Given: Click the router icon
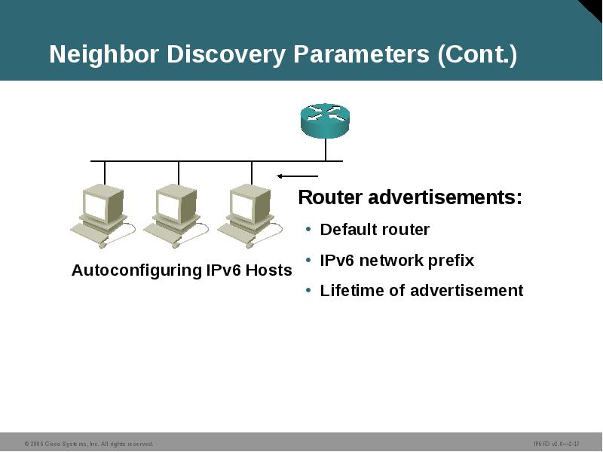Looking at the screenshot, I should pyautogui.click(x=325, y=121).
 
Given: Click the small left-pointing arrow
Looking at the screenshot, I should pyautogui.click(x=286, y=176).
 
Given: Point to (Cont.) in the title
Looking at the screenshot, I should pyautogui.click(x=477, y=55).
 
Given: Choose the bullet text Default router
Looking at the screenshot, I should pyautogui.click(x=375, y=230).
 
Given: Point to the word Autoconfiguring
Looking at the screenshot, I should pyautogui.click(x=136, y=270).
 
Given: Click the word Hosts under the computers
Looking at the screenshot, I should pyautogui.click(x=269, y=270).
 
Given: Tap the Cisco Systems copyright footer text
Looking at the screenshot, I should pyautogui.click(x=89, y=444).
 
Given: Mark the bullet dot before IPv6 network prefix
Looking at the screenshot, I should pyautogui.click(x=308, y=259).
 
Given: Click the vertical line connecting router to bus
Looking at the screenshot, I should pyautogui.click(x=326, y=149).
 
